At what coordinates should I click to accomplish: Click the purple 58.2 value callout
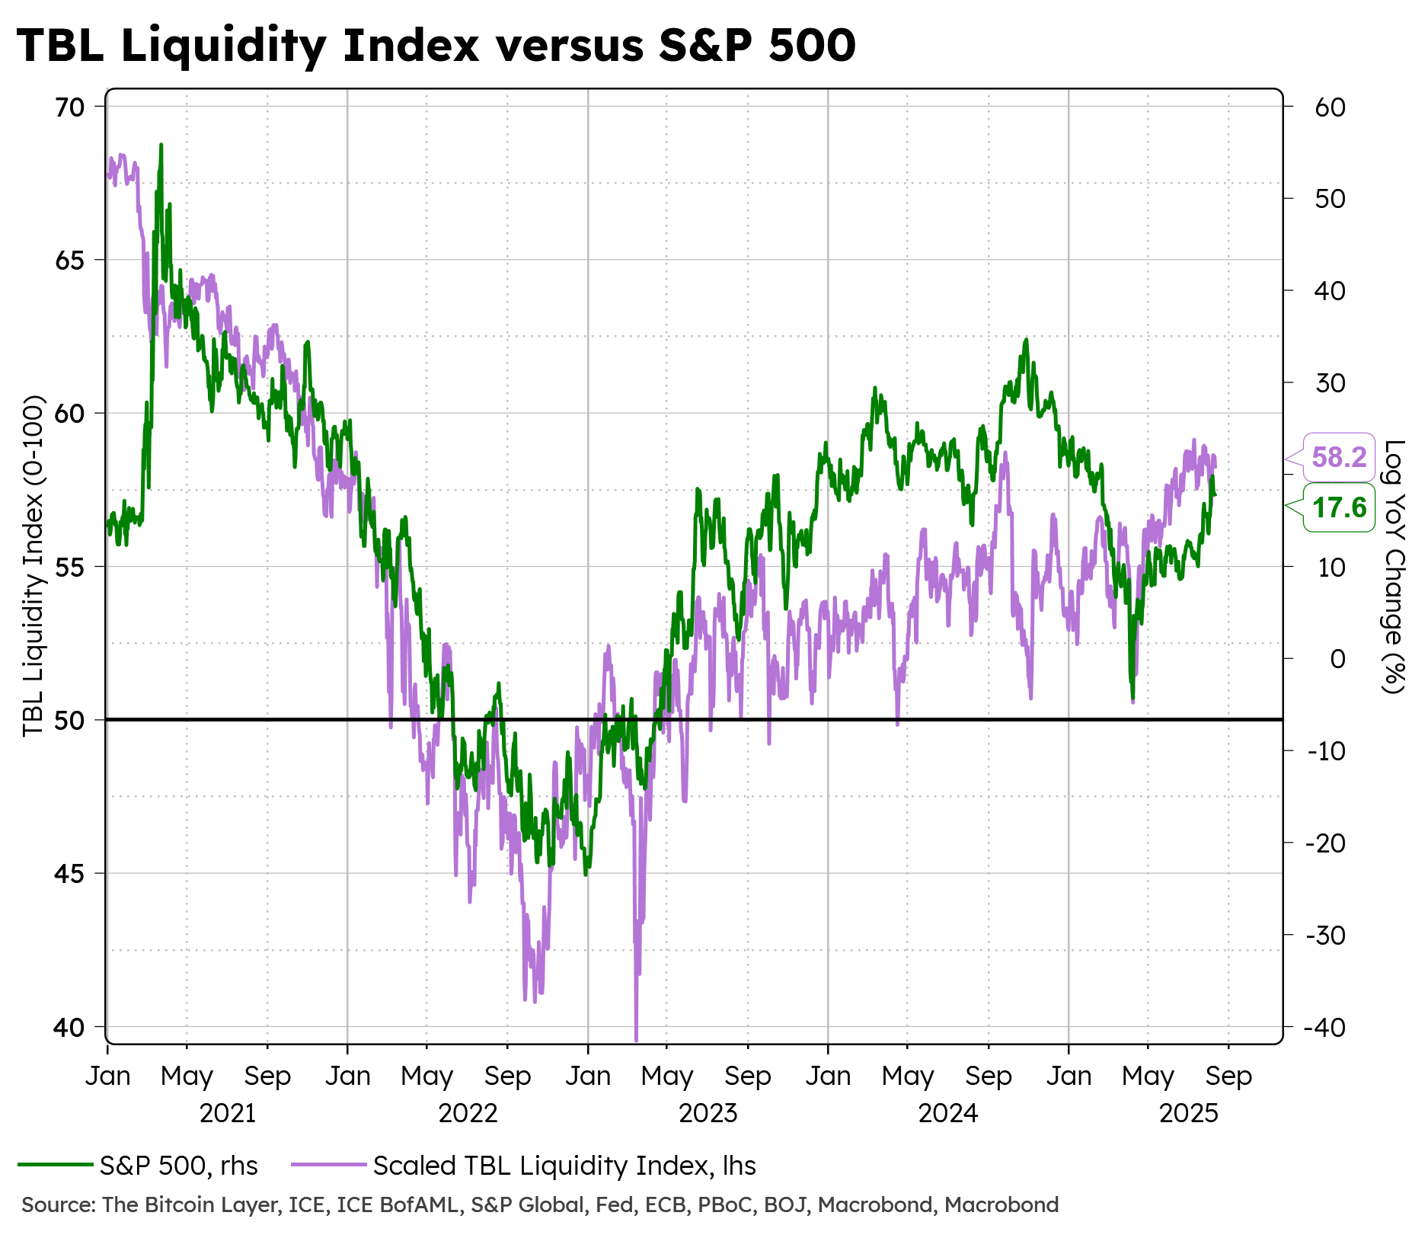pos(1339,457)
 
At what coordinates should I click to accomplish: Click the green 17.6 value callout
pos(1339,507)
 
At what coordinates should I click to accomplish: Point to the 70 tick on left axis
pos(69,107)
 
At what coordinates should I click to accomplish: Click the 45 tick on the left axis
pos(69,873)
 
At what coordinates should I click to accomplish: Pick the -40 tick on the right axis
pos(1324,1027)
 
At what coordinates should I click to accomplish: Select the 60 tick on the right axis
pos(1330,107)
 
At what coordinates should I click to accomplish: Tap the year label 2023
pos(708,1114)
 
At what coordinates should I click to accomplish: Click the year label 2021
pos(228,1114)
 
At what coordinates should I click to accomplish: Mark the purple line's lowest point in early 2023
pos(636,1039)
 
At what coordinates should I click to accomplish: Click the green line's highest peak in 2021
pos(161,144)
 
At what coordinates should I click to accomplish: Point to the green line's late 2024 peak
pos(1026,340)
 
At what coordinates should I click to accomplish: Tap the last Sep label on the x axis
pos(1228,1076)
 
